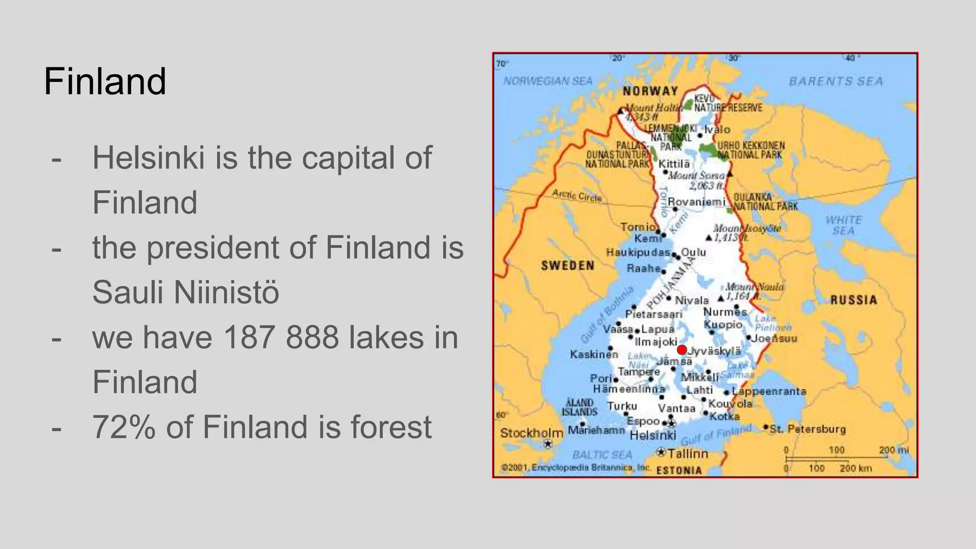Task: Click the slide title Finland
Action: (x=105, y=81)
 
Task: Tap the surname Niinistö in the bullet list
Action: (x=226, y=292)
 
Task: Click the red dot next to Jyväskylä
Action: (x=682, y=350)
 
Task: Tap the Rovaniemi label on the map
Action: (x=696, y=202)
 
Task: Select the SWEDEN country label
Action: (x=568, y=265)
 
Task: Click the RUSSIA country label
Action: (x=854, y=300)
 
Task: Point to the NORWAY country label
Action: (x=650, y=91)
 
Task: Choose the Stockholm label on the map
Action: (x=531, y=433)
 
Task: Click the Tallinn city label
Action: (x=688, y=454)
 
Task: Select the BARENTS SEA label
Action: (x=836, y=81)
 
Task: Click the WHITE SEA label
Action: (x=844, y=225)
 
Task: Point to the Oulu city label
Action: (x=693, y=252)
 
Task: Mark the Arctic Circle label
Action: (x=577, y=195)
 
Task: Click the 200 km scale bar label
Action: (x=856, y=468)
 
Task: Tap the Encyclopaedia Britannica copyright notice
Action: (x=576, y=468)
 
